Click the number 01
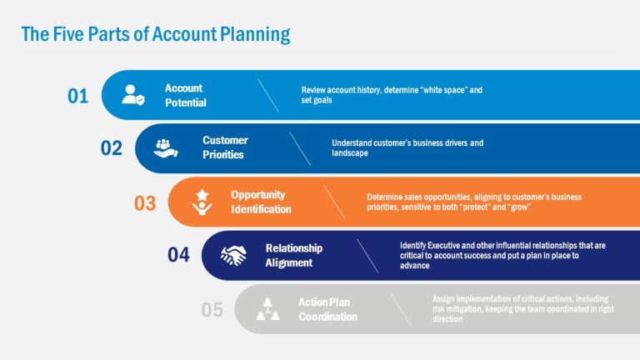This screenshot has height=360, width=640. click(77, 96)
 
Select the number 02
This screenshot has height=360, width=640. click(112, 148)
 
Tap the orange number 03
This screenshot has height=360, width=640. click(145, 202)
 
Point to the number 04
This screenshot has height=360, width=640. click(178, 255)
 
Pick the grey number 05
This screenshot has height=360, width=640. click(212, 310)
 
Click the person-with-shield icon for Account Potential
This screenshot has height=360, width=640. click(133, 95)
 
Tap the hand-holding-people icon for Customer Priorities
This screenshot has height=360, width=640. click(167, 148)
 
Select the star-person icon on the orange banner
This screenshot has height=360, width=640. click(201, 202)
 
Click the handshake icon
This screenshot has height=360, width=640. click(233, 255)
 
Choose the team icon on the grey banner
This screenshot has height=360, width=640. click(267, 309)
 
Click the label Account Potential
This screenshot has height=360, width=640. click(185, 95)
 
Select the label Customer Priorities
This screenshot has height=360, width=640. click(224, 147)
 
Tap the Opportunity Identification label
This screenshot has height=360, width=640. click(261, 202)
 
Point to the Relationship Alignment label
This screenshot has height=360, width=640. click(293, 255)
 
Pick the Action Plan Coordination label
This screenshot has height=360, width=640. click(327, 309)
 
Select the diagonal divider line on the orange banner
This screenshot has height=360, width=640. click(333, 202)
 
